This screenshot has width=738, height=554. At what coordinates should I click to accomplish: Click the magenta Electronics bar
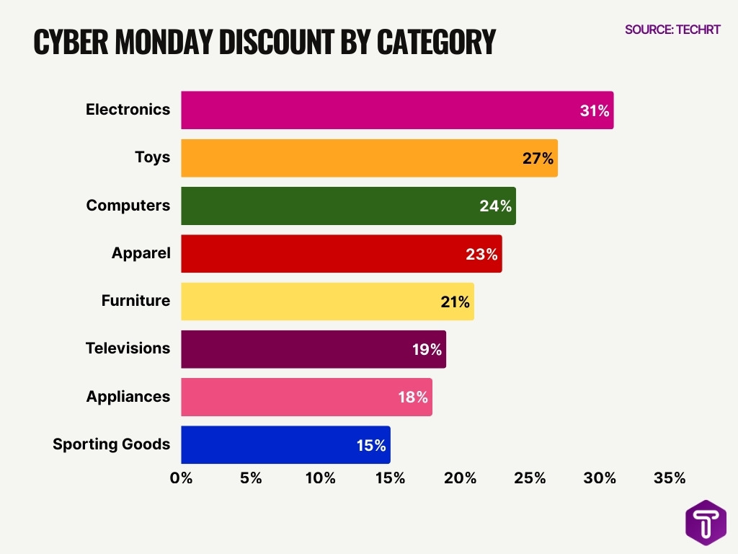[396, 110]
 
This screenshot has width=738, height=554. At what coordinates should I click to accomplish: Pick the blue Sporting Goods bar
[285, 445]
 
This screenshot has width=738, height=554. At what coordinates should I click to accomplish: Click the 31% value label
[595, 111]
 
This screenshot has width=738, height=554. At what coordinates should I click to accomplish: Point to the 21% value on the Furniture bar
[455, 302]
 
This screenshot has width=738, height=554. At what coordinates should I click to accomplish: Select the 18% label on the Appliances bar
[413, 397]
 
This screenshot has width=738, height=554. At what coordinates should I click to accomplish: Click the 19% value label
[427, 350]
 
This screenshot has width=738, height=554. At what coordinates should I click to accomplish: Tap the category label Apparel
[141, 253]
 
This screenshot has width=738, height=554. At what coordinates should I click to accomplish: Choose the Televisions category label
[128, 348]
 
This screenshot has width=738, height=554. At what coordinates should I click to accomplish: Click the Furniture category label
[135, 301]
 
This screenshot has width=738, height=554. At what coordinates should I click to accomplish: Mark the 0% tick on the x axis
[181, 478]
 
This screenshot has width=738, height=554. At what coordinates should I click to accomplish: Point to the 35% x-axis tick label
[670, 478]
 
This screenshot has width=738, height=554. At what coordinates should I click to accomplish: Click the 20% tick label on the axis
[460, 478]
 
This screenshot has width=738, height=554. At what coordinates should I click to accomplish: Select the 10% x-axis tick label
[320, 478]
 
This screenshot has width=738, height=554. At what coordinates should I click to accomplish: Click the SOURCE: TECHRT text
[672, 30]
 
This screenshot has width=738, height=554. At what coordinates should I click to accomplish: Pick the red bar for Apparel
[341, 253]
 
